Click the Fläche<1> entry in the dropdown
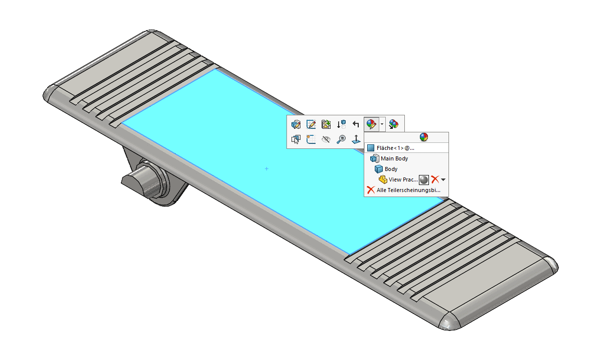point(395,148)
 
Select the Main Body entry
point(394,158)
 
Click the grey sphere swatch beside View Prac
point(424,179)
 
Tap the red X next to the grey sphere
point(435,179)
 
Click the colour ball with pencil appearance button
point(371,124)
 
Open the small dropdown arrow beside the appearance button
point(382,124)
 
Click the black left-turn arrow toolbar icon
point(356,124)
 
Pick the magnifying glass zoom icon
point(341,139)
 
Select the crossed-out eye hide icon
point(326,139)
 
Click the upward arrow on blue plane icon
point(356,139)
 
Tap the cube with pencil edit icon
point(296,124)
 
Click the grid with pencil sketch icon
point(311,124)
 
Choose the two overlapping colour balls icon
point(394,124)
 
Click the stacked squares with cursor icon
point(296,139)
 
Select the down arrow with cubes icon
point(341,124)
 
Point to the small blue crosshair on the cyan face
point(266,169)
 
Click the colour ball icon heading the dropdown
point(424,137)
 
